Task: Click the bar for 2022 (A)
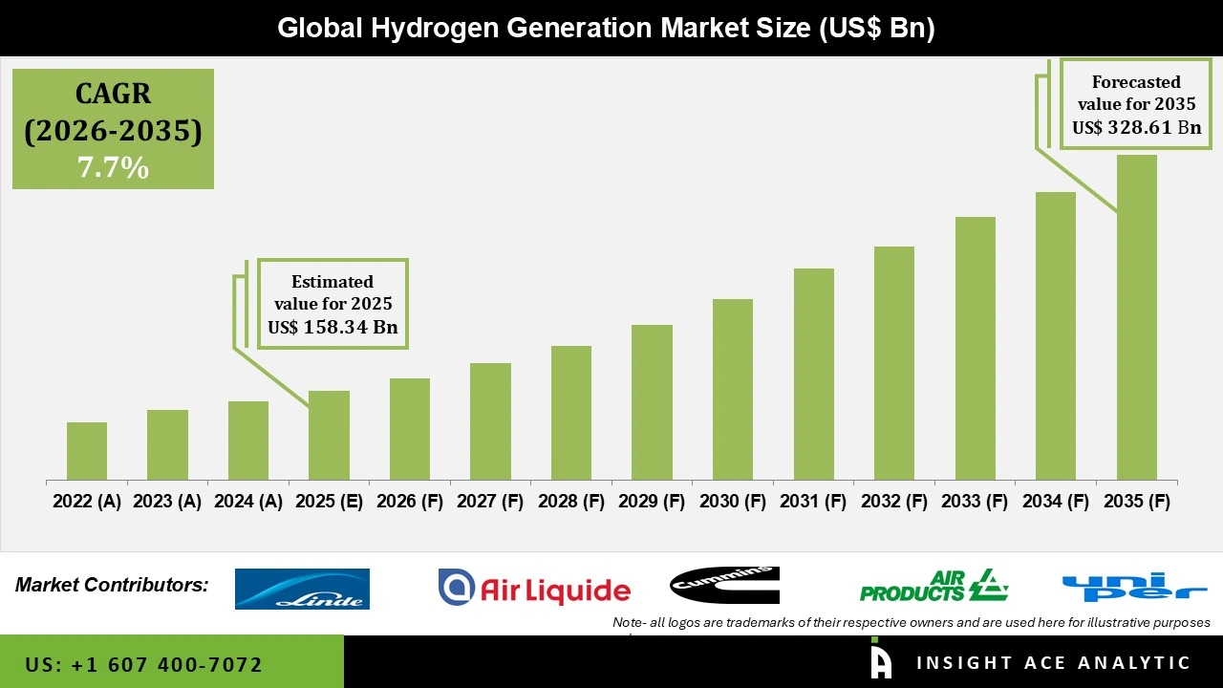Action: coord(87,451)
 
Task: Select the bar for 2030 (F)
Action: coord(732,390)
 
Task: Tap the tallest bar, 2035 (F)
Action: coord(1136,317)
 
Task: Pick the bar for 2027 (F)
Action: coord(490,421)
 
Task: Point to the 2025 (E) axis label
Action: coord(329,502)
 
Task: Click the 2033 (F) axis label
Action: coord(975,502)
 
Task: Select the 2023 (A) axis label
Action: coord(167,502)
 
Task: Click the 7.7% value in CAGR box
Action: coord(113,168)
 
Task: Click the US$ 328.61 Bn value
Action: coord(1136,127)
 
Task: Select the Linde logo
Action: coord(302,589)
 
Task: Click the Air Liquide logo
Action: coord(534,588)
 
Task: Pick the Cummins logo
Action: coord(724,585)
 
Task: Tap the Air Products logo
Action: coord(933,585)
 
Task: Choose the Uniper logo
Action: coord(1134,587)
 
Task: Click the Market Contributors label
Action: coord(112,585)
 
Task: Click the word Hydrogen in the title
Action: coord(435,28)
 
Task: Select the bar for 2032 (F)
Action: coord(893,363)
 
